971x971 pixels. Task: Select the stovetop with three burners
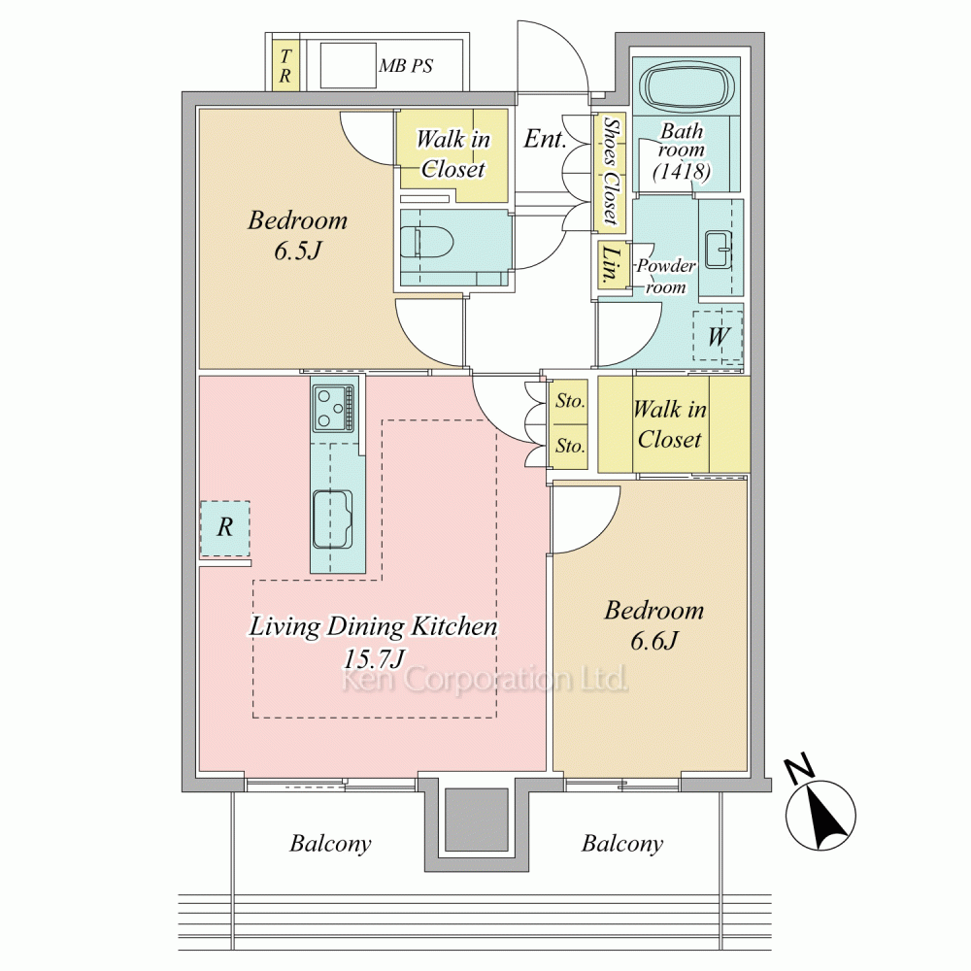coord(334,408)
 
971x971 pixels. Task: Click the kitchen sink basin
coord(332,519)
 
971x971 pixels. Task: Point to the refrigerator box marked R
coord(225,527)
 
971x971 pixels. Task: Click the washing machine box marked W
coord(718,336)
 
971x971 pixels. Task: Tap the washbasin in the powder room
coord(719,250)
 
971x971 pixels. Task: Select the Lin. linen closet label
coord(611,264)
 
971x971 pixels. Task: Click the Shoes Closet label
coord(611,171)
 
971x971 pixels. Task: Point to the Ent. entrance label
coord(545,139)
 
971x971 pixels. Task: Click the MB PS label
coord(406,66)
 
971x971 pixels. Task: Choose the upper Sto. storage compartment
coord(568,402)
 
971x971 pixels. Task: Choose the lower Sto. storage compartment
coord(568,447)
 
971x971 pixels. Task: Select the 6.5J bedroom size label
coord(298,251)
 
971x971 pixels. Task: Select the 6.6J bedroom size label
coord(654,641)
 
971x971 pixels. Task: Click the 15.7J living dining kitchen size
coord(374,658)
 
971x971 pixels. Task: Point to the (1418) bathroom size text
coord(682,171)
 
